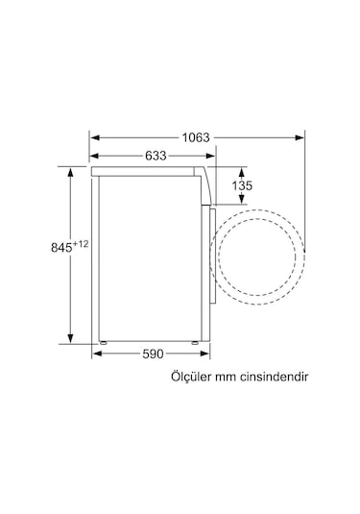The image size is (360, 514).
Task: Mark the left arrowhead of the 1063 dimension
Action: [94, 136]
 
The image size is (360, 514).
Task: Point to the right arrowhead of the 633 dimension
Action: [212, 156]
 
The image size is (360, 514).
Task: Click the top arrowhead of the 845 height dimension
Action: [71, 169]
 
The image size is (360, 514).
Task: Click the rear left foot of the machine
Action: [102, 341]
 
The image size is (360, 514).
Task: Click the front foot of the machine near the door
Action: [195, 341]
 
